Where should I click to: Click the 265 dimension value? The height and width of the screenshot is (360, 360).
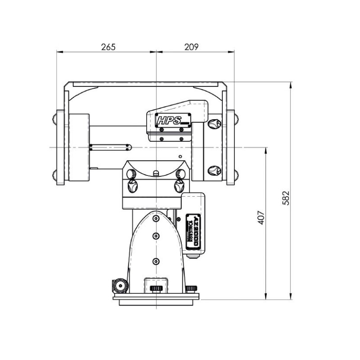pyautogui.click(x=108, y=47)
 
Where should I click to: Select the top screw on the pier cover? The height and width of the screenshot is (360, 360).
pyautogui.click(x=156, y=218)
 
